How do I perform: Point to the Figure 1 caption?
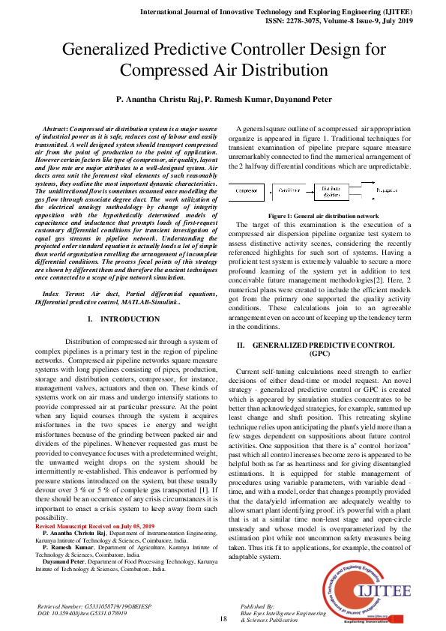pos(324,215)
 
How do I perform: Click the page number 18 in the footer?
pos(223,619)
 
